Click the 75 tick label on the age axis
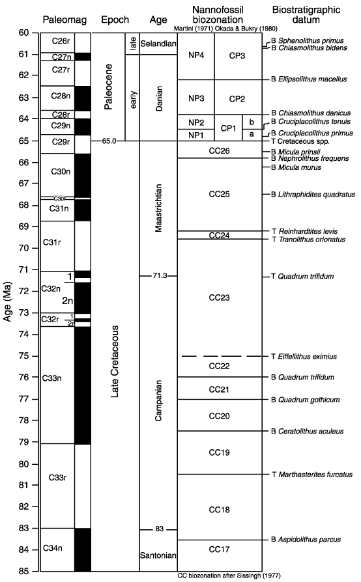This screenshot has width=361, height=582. tap(23, 356)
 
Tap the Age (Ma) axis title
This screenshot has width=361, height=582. tap(7, 302)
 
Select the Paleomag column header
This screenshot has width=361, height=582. tap(65, 20)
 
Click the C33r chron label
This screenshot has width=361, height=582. tap(57, 477)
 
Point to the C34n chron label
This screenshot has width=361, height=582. tap(53, 548)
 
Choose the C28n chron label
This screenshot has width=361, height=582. tap(61, 96)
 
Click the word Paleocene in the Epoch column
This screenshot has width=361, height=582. tap(108, 87)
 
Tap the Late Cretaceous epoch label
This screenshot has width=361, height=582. tap(115, 361)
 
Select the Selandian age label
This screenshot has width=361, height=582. tap(158, 44)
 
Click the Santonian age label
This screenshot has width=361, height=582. tap(158, 555)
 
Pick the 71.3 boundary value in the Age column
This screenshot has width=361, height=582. tap(160, 276)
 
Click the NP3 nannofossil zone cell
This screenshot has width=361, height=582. tap(196, 98)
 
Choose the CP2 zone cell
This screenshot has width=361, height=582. tap(237, 99)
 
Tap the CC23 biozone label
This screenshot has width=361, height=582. tap(219, 298)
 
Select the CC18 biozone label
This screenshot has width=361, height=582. tap(219, 510)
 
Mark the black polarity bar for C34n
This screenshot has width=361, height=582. tap(83, 549)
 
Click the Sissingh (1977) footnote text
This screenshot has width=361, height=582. tap(229, 575)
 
